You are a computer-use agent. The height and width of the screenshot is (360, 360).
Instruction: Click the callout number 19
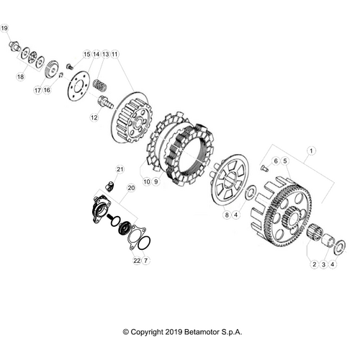pos(4,29)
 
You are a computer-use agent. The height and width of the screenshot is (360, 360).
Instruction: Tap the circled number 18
pos(20,76)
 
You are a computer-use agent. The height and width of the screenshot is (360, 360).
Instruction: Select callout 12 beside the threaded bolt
pos(93,117)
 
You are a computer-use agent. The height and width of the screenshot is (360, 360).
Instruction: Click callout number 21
pos(121,169)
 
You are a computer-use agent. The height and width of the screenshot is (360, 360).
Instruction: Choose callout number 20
pos(130,188)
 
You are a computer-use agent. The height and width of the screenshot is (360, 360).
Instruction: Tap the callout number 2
pos(314,264)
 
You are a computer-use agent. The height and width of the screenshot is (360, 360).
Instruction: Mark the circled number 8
pos(225,215)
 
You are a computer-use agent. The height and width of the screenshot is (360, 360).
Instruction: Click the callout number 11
pos(114,54)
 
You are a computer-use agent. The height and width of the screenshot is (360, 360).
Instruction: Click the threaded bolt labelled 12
pos(105,102)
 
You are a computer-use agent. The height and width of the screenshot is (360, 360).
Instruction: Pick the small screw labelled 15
pos(69,67)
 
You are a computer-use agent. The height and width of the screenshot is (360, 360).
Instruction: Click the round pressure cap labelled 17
pos(50,71)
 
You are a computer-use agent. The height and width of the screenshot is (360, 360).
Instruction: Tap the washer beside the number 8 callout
pos(249,194)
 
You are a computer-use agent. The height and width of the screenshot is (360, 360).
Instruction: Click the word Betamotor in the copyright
pos(204,332)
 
